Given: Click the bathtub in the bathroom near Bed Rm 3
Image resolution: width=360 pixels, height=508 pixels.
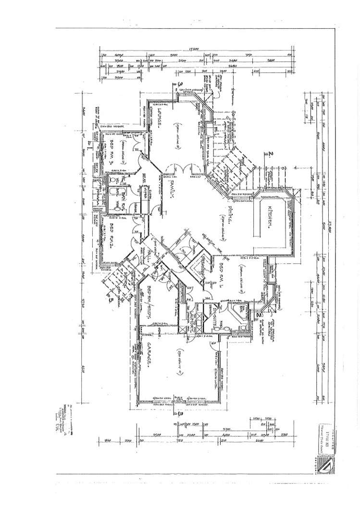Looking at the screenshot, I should point(116,197).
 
